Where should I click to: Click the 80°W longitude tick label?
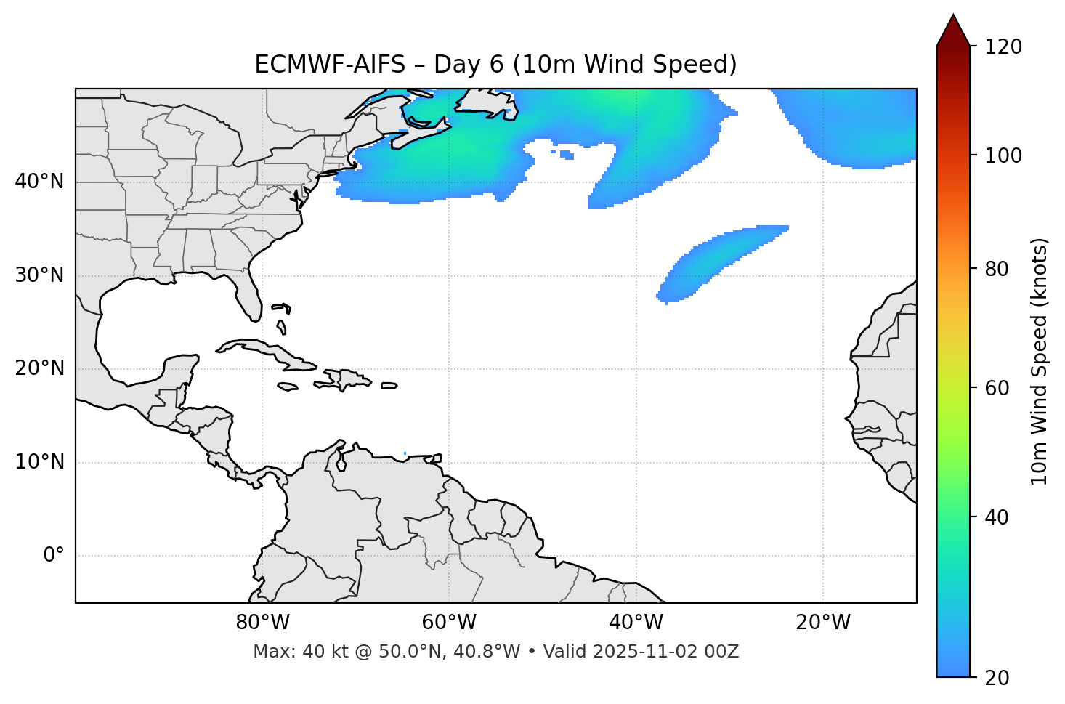(262, 623)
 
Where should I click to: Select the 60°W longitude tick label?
(449, 623)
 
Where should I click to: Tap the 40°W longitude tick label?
(636, 623)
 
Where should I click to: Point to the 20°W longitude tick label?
(822, 623)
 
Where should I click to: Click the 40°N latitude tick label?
(39, 182)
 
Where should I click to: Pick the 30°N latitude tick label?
(39, 275)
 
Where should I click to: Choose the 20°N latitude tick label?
(39, 368)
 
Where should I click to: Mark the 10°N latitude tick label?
(39, 462)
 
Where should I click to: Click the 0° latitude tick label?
(54, 556)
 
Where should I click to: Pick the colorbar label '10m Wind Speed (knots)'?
(1040, 361)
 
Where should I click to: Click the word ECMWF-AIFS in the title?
(329, 65)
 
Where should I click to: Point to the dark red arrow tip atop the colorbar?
(953, 28)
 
